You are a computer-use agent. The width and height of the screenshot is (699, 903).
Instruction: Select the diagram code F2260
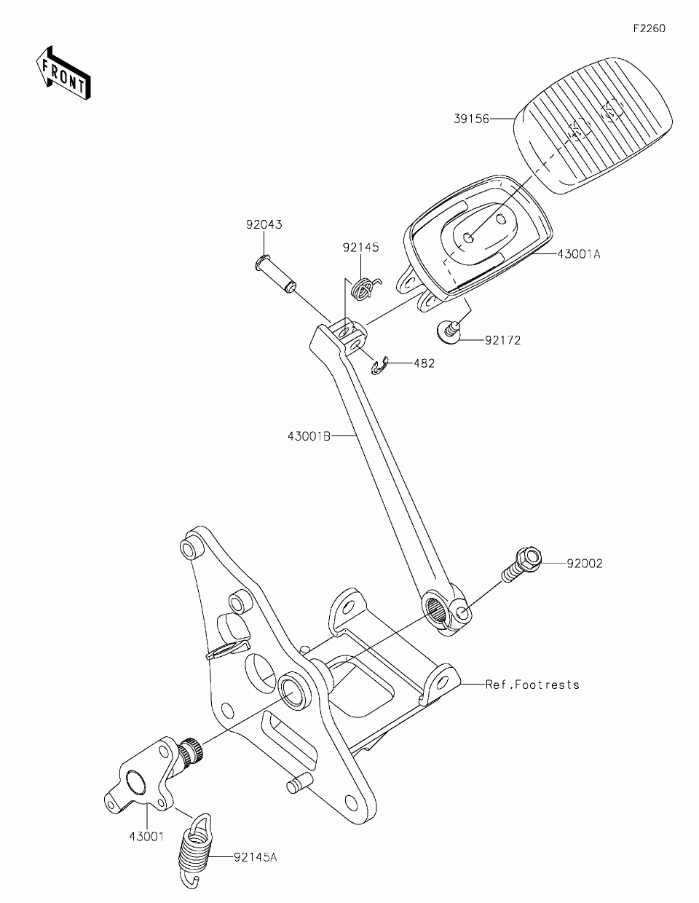point(649,29)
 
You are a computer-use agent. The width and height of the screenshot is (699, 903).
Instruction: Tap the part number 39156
point(472,117)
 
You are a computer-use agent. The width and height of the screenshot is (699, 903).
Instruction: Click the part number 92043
point(263,225)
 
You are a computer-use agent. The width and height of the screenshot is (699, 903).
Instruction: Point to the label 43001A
point(579,254)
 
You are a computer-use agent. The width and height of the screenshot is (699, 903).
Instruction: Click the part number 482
point(424,363)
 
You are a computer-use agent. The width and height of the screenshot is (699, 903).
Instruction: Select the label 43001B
point(309,436)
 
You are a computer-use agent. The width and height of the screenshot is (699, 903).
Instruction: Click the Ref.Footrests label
point(532,685)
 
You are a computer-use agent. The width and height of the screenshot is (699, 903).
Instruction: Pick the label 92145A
point(256,857)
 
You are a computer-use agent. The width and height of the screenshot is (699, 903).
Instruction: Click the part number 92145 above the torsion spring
point(361,248)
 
